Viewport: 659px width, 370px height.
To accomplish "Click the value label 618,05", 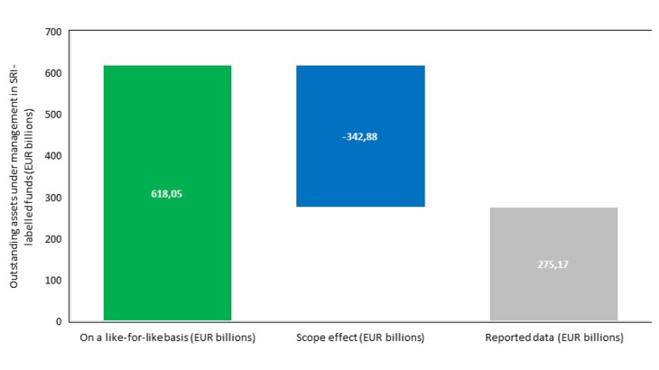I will pos(167,193).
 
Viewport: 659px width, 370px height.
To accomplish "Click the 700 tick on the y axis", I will pos(52,32).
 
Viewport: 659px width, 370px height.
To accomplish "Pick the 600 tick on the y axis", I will pos(52,74).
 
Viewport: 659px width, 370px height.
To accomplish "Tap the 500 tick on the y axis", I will pos(52,116).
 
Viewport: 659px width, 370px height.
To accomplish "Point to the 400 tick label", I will pos(52,156).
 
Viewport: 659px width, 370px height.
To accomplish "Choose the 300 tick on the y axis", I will pos(52,198).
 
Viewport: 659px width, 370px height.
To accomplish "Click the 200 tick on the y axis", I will pos(52,239).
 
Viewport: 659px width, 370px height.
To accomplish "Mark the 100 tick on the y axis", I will pos(52,281).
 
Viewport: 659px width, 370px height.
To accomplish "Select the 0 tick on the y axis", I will pos(58,321).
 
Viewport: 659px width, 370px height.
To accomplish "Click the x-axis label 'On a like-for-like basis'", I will pos(167,338).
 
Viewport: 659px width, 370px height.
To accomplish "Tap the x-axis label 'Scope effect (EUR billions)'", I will pos(360,338).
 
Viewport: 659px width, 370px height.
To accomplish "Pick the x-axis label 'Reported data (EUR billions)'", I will pos(553,338).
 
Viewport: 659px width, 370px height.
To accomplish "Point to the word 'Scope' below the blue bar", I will pos(311,338).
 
